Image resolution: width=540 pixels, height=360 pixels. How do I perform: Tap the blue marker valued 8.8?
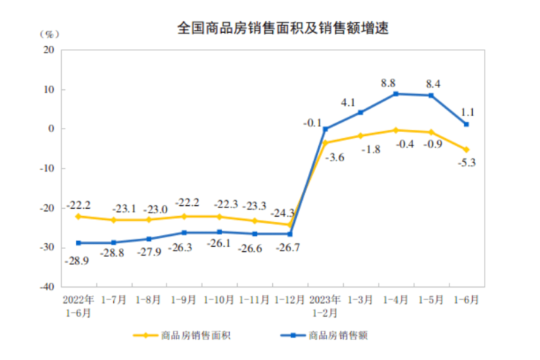coord(396,93)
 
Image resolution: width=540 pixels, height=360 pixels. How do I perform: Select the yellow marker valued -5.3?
coord(466,150)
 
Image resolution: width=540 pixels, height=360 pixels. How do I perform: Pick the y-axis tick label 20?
coord(50,50)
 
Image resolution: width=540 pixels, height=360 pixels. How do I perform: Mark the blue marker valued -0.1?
coord(325,129)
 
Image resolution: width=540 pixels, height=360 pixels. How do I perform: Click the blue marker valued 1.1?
coord(466,124)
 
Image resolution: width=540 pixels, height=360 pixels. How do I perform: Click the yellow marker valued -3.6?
coord(325,142)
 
